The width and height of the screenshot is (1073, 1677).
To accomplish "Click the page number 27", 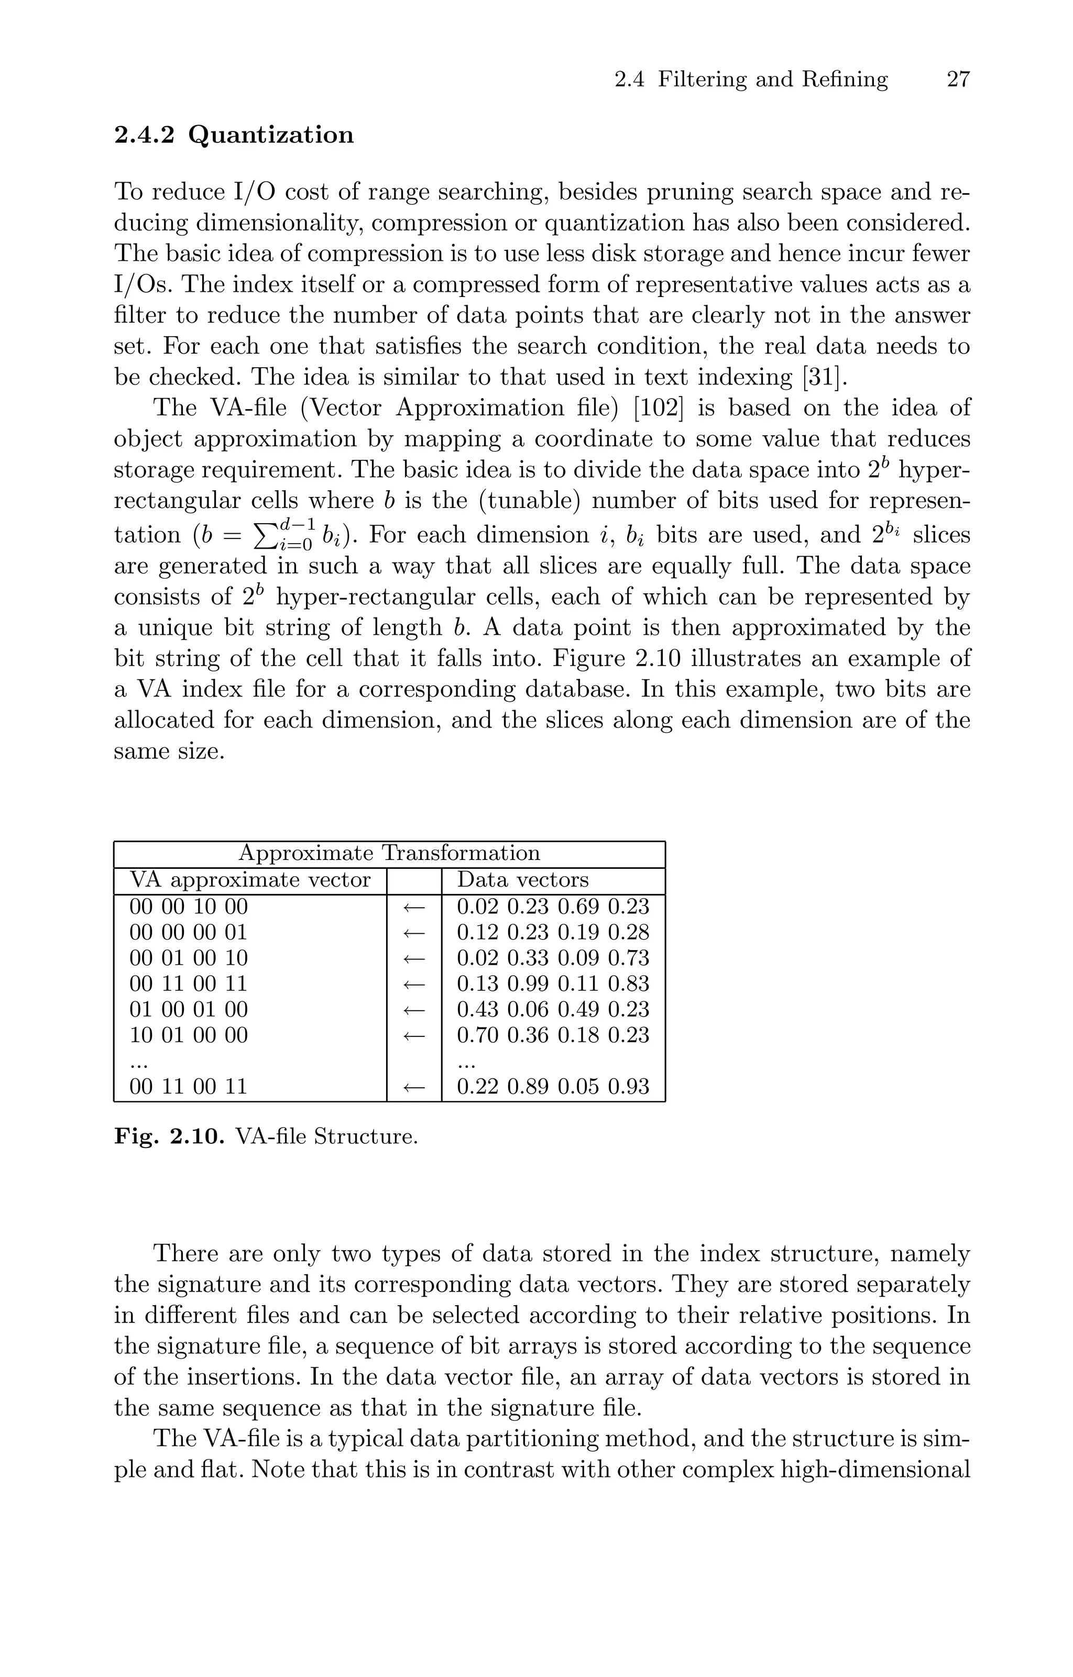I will pos(958,80).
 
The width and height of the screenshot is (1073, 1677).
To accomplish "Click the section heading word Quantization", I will pos(271,135).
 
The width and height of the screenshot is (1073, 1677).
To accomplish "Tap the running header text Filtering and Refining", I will pos(773,80).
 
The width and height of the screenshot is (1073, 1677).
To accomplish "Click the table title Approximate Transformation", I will pos(389,853).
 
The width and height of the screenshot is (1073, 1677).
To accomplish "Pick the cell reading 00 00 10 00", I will pos(188,907).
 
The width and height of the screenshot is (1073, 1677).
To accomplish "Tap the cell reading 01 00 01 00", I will pos(188,1009).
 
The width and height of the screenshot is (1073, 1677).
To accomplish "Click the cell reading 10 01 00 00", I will pos(188,1035).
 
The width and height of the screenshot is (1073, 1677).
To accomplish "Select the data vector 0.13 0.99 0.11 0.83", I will pos(553,984).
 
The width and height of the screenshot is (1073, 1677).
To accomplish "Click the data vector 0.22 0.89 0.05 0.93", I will pos(553,1086).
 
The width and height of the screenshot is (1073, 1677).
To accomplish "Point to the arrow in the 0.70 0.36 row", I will pos(414,1035).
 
